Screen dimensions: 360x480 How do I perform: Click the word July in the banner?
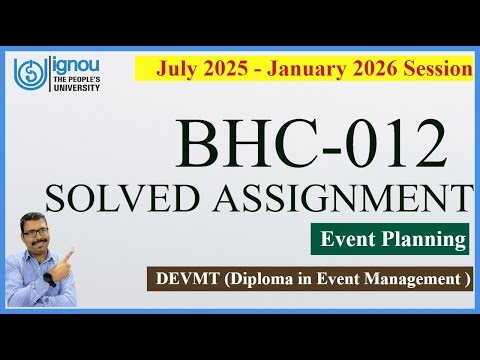click(178, 68)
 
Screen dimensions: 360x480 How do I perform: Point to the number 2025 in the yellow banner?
click(227, 68)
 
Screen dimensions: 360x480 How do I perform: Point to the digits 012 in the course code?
click(390, 142)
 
